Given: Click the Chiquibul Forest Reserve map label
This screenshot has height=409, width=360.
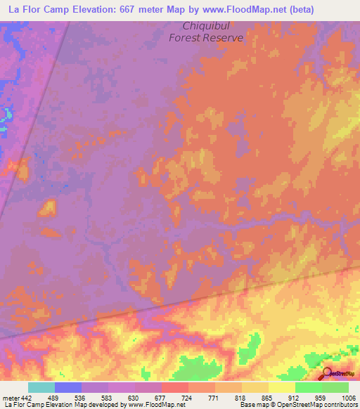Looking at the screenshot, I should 206,32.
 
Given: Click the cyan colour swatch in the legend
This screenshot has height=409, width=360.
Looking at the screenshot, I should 41,387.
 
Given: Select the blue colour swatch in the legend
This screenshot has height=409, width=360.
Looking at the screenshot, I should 67,387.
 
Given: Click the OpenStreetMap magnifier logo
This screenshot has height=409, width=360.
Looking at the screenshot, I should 328,375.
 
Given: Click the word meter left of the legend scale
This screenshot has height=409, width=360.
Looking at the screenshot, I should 10,397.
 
